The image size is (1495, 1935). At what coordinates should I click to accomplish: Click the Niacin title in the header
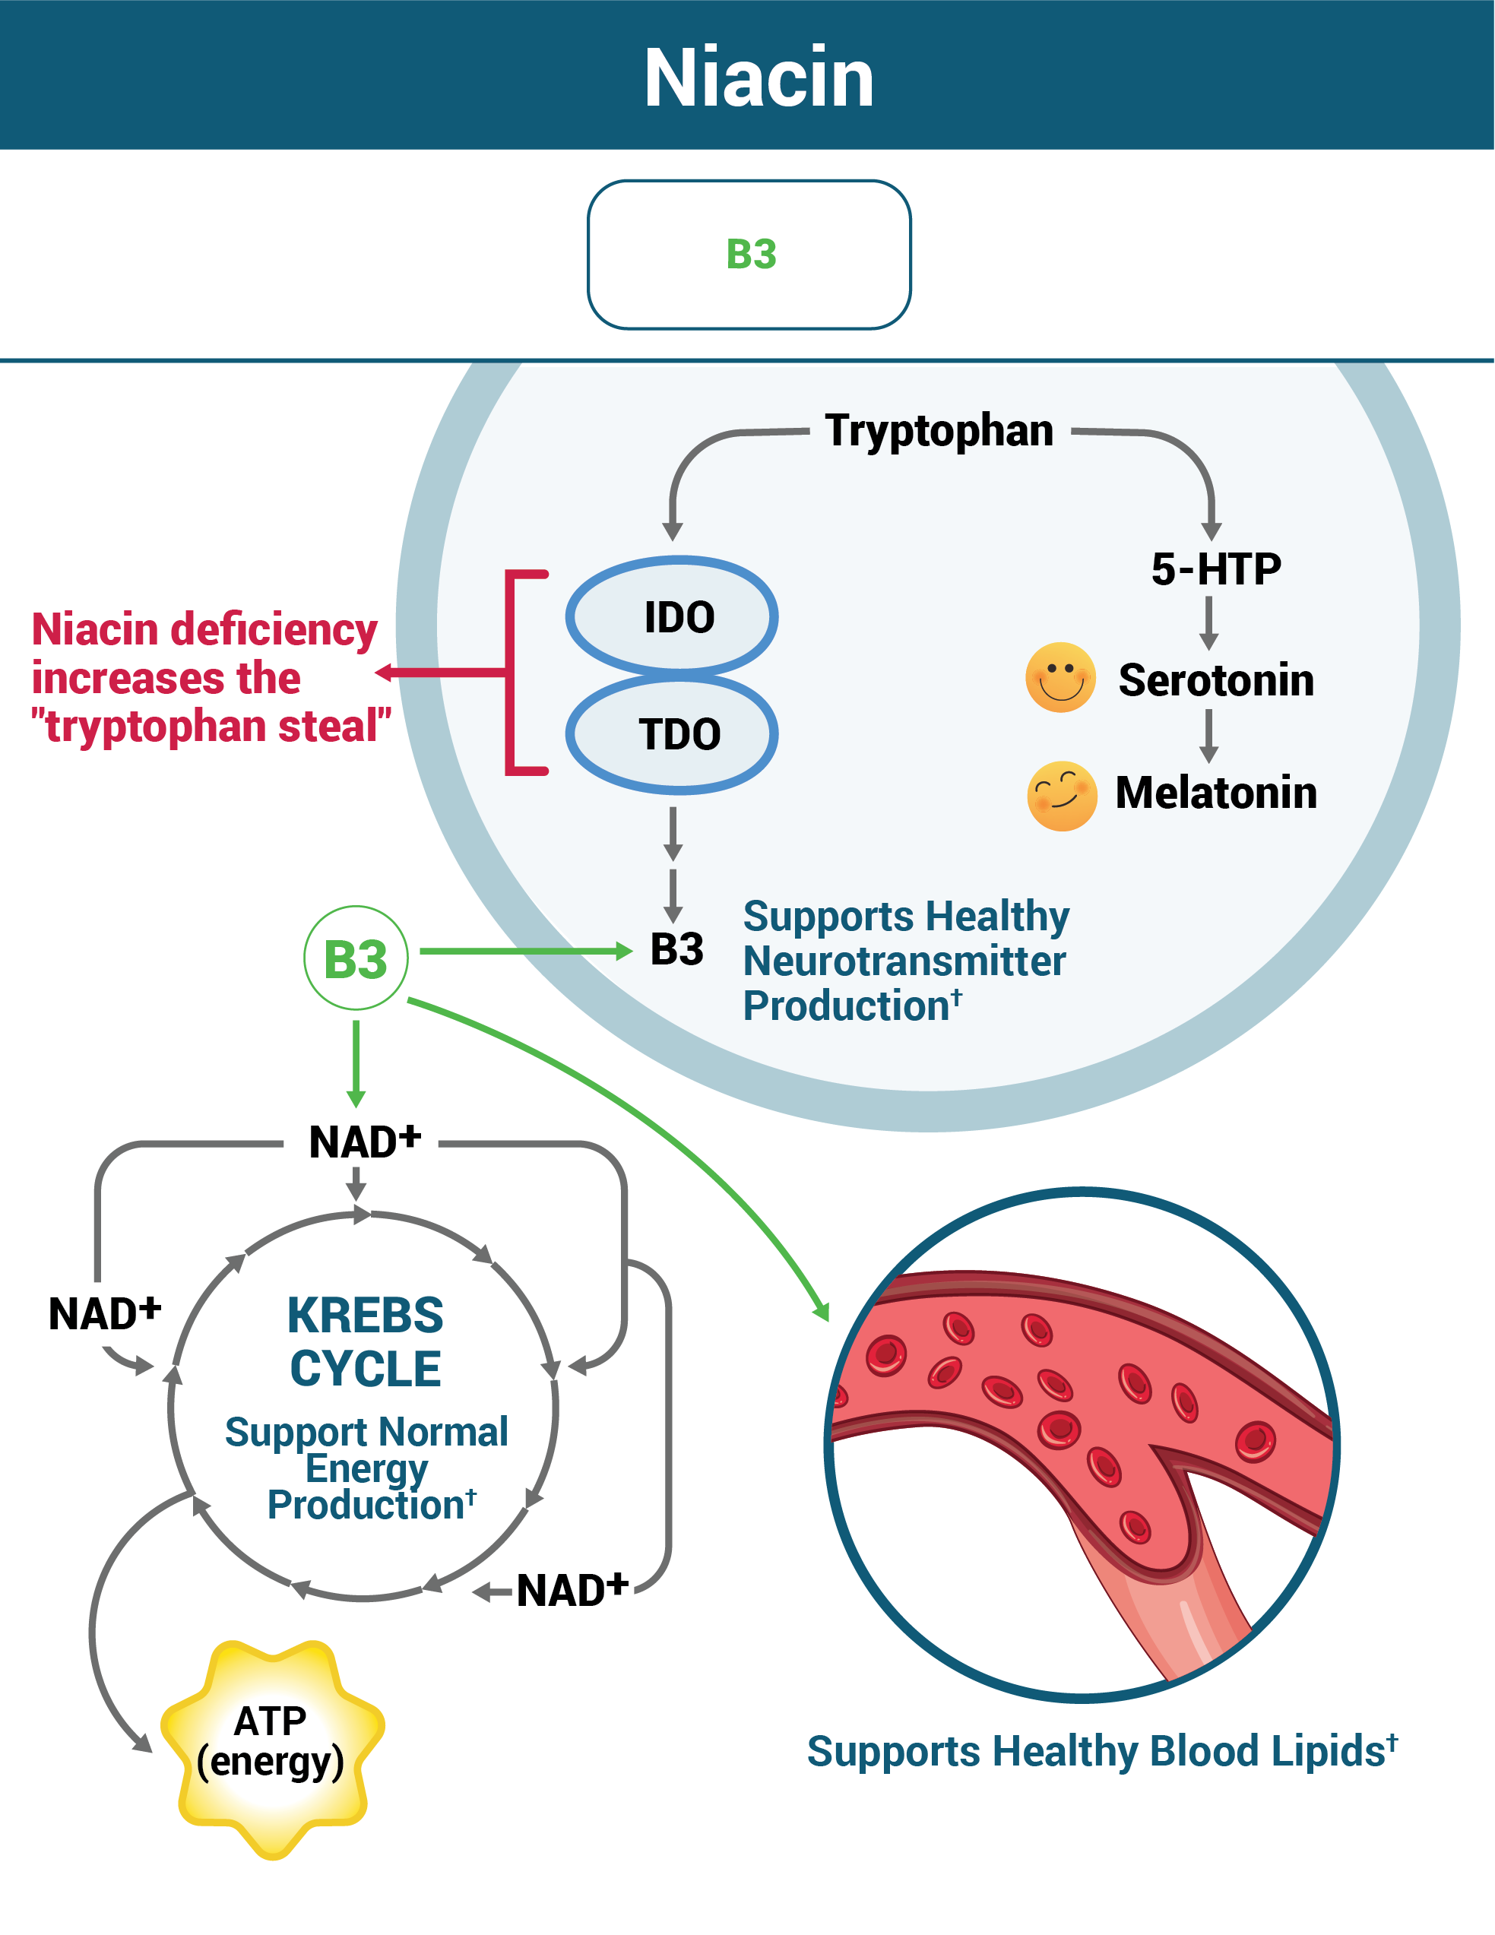[759, 78]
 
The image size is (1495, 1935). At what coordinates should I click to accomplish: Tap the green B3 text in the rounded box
[751, 255]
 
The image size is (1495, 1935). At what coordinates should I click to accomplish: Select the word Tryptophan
[939, 431]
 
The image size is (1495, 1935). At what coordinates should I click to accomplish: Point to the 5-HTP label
[1215, 568]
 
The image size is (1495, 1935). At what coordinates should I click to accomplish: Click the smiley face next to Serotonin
[1060, 678]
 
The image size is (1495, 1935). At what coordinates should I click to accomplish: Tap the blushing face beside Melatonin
[1062, 796]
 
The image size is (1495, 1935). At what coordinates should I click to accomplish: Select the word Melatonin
[1215, 792]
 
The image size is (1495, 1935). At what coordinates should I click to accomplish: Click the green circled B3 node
[356, 958]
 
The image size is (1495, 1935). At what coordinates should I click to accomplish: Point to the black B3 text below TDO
[676, 950]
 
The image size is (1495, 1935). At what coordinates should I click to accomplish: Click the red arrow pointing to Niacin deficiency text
[443, 673]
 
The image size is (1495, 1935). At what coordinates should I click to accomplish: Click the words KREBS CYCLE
[365, 1341]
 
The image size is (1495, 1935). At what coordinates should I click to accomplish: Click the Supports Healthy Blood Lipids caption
[1101, 1751]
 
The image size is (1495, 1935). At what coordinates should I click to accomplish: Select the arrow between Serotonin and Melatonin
[1208, 736]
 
